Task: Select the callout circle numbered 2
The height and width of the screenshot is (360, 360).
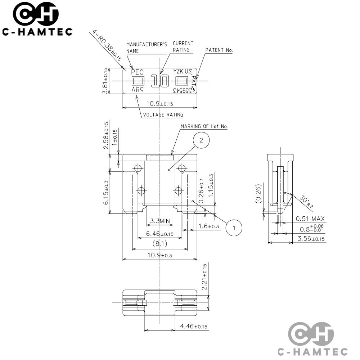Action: tap(201, 140)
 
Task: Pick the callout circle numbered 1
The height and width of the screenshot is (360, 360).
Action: tap(234, 228)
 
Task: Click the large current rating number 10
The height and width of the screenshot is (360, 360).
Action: tap(160, 81)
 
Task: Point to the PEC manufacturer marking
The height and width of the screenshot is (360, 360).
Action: tap(137, 72)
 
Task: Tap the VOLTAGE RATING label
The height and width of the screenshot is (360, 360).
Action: tap(163, 114)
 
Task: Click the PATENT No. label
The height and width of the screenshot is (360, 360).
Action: tap(219, 50)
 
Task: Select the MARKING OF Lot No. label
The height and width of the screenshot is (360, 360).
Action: tap(204, 126)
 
